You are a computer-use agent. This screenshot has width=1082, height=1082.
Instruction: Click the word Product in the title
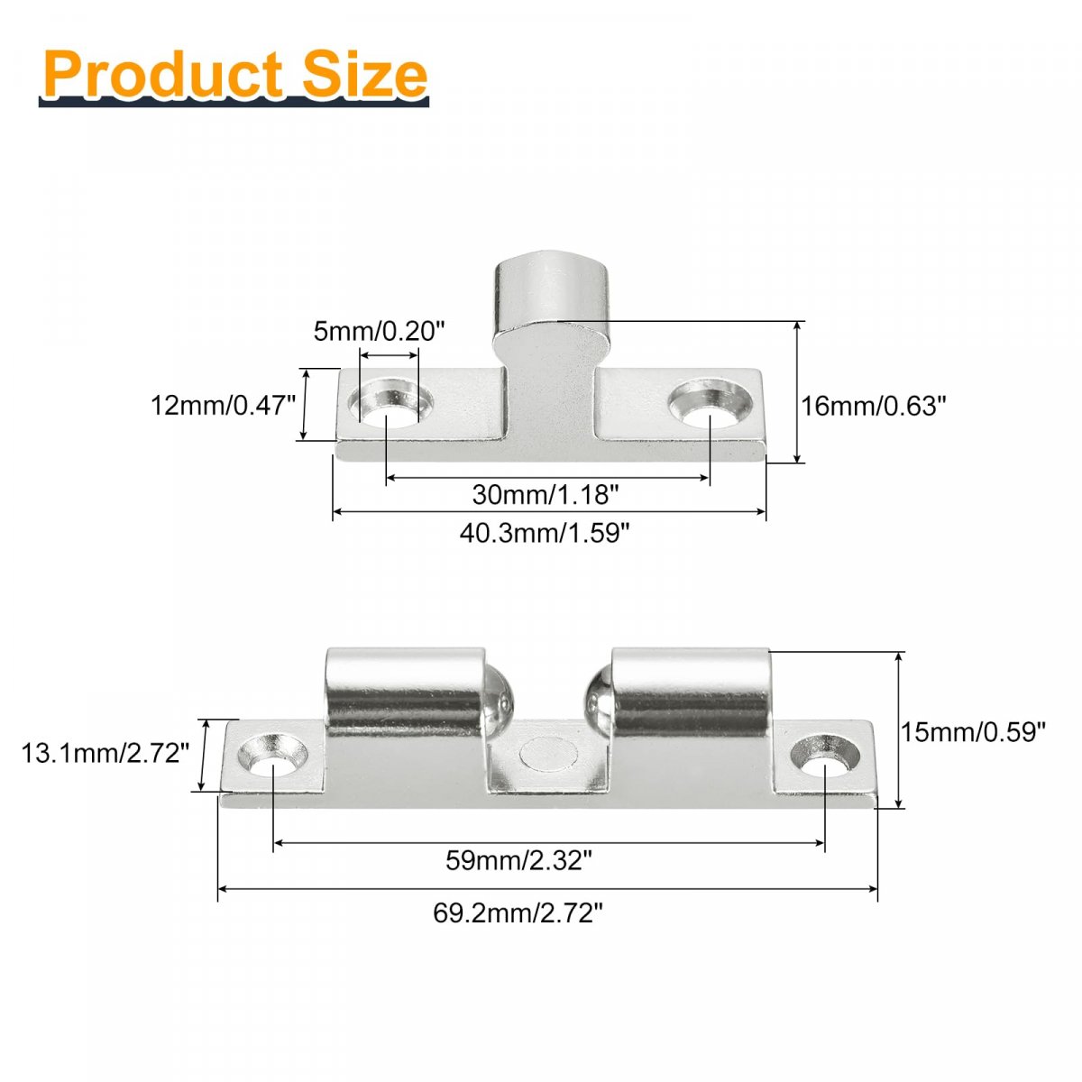[x=163, y=75]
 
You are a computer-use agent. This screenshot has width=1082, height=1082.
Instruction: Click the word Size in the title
[x=365, y=74]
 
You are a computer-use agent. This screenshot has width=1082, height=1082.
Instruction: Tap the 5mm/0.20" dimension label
[x=379, y=331]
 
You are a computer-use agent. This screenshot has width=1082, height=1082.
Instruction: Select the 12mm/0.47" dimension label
[x=223, y=406]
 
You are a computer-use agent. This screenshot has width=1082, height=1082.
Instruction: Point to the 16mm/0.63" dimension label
[x=873, y=406]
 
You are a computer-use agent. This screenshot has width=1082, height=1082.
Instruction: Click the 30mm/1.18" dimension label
[x=546, y=495]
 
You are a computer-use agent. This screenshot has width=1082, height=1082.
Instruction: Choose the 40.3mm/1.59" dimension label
[x=545, y=533]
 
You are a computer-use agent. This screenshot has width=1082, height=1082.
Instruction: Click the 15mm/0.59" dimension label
[x=973, y=732]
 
